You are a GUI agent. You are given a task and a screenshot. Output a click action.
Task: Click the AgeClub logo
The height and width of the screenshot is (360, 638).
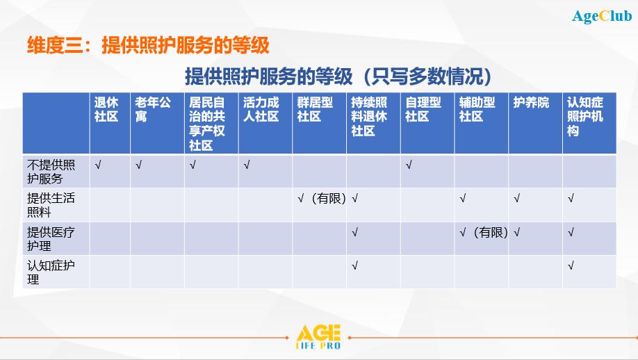(602, 16)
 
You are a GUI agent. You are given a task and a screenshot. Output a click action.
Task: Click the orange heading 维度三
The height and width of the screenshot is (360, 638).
(148, 44)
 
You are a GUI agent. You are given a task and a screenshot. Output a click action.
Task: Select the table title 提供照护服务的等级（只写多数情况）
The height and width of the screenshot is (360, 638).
(338, 76)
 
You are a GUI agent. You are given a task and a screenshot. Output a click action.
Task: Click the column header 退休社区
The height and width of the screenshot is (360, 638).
(106, 109)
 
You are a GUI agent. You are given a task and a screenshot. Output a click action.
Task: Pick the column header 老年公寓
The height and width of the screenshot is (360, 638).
(153, 109)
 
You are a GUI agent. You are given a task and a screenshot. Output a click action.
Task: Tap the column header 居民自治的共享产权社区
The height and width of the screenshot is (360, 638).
(206, 124)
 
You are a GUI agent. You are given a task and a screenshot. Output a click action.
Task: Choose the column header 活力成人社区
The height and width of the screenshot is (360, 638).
(261, 109)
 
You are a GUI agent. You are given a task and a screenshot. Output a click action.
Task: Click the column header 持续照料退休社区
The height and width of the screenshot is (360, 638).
(369, 116)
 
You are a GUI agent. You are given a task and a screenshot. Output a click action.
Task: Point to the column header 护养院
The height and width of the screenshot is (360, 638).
(531, 102)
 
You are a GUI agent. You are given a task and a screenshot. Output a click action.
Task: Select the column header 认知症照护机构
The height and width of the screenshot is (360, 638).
(585, 116)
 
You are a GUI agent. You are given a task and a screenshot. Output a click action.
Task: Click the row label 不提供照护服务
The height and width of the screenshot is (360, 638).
(51, 172)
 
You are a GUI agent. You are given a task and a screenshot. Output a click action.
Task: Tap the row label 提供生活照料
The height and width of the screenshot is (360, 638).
(51, 205)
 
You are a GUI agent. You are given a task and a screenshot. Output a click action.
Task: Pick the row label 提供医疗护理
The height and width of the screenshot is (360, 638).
(51, 239)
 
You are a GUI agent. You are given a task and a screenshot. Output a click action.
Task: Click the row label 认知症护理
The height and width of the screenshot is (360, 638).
(51, 272)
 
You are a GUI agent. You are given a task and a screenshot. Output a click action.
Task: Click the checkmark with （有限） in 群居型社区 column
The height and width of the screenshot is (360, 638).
(322, 199)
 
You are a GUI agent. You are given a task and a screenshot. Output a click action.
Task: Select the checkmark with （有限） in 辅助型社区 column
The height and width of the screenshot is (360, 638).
(484, 232)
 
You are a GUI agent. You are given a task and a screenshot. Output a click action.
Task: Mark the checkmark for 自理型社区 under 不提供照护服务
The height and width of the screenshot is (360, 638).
(409, 165)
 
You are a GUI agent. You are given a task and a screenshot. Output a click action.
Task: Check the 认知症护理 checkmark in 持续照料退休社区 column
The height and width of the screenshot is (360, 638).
(355, 265)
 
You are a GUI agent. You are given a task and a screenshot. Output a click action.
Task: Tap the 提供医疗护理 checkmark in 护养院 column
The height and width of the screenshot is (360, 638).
(517, 232)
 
